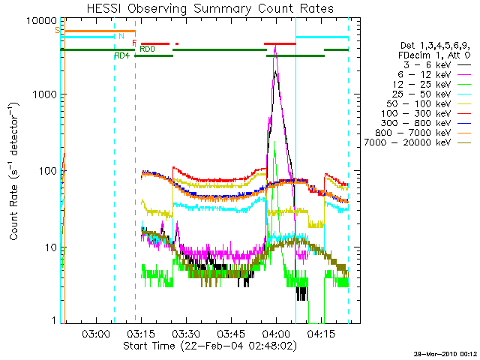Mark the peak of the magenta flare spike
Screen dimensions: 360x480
pos(275,47)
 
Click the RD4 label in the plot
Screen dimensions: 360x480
pos(121,55)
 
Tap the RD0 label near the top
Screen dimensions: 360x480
pos(148,49)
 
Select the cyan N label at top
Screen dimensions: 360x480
pos(121,35)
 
